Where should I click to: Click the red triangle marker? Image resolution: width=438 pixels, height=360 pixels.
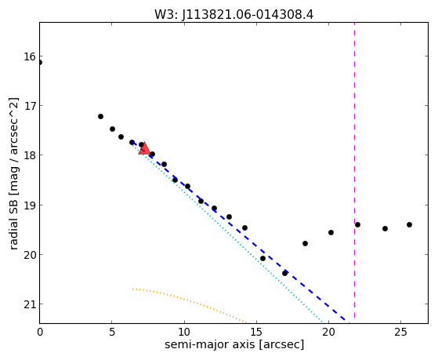tap(144, 148)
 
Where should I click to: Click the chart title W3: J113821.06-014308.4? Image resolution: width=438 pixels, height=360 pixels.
tap(234, 14)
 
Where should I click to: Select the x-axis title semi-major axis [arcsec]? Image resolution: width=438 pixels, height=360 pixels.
tap(234, 344)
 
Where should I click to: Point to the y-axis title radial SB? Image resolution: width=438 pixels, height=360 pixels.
tap(14, 173)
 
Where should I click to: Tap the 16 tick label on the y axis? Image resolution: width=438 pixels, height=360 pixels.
tap(30, 56)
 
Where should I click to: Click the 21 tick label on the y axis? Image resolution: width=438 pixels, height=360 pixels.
tap(30, 304)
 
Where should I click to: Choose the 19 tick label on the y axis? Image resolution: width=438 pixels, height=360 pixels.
tap(30, 205)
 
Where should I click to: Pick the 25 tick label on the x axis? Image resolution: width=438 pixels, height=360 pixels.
tap(401, 333)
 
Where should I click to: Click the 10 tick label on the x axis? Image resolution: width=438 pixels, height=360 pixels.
tap(184, 333)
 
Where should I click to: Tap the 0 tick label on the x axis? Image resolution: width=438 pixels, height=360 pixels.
tap(40, 333)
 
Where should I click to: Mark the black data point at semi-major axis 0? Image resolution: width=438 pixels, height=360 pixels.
tap(40, 63)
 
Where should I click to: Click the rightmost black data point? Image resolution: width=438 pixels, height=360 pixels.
tap(409, 224)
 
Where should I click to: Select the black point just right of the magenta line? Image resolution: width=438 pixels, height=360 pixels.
tap(357, 224)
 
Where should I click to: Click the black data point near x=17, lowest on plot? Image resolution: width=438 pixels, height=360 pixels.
tap(284, 273)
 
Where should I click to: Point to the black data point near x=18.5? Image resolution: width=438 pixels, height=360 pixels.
tap(305, 244)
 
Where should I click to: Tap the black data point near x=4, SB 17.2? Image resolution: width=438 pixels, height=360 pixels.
tap(100, 116)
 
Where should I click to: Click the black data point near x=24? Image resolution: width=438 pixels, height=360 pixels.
tap(385, 228)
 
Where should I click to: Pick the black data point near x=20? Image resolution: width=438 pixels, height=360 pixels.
tap(331, 232)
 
